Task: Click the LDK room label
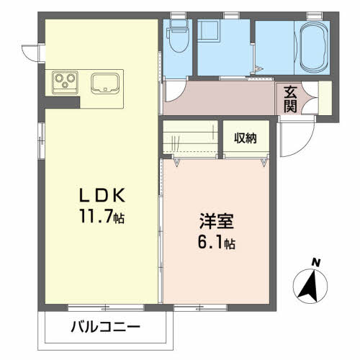pos(102,196)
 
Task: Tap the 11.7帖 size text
pos(102,216)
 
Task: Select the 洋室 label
pos(217,221)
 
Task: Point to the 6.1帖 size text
pos(217,242)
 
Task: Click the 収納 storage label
pos(246,138)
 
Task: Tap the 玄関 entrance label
pos(290,99)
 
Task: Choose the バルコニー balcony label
pos(106,327)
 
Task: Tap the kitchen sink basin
pos(105,83)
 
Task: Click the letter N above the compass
pos(316,263)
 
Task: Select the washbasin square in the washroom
pos(208,30)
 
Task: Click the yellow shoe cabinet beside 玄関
pos(325,98)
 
